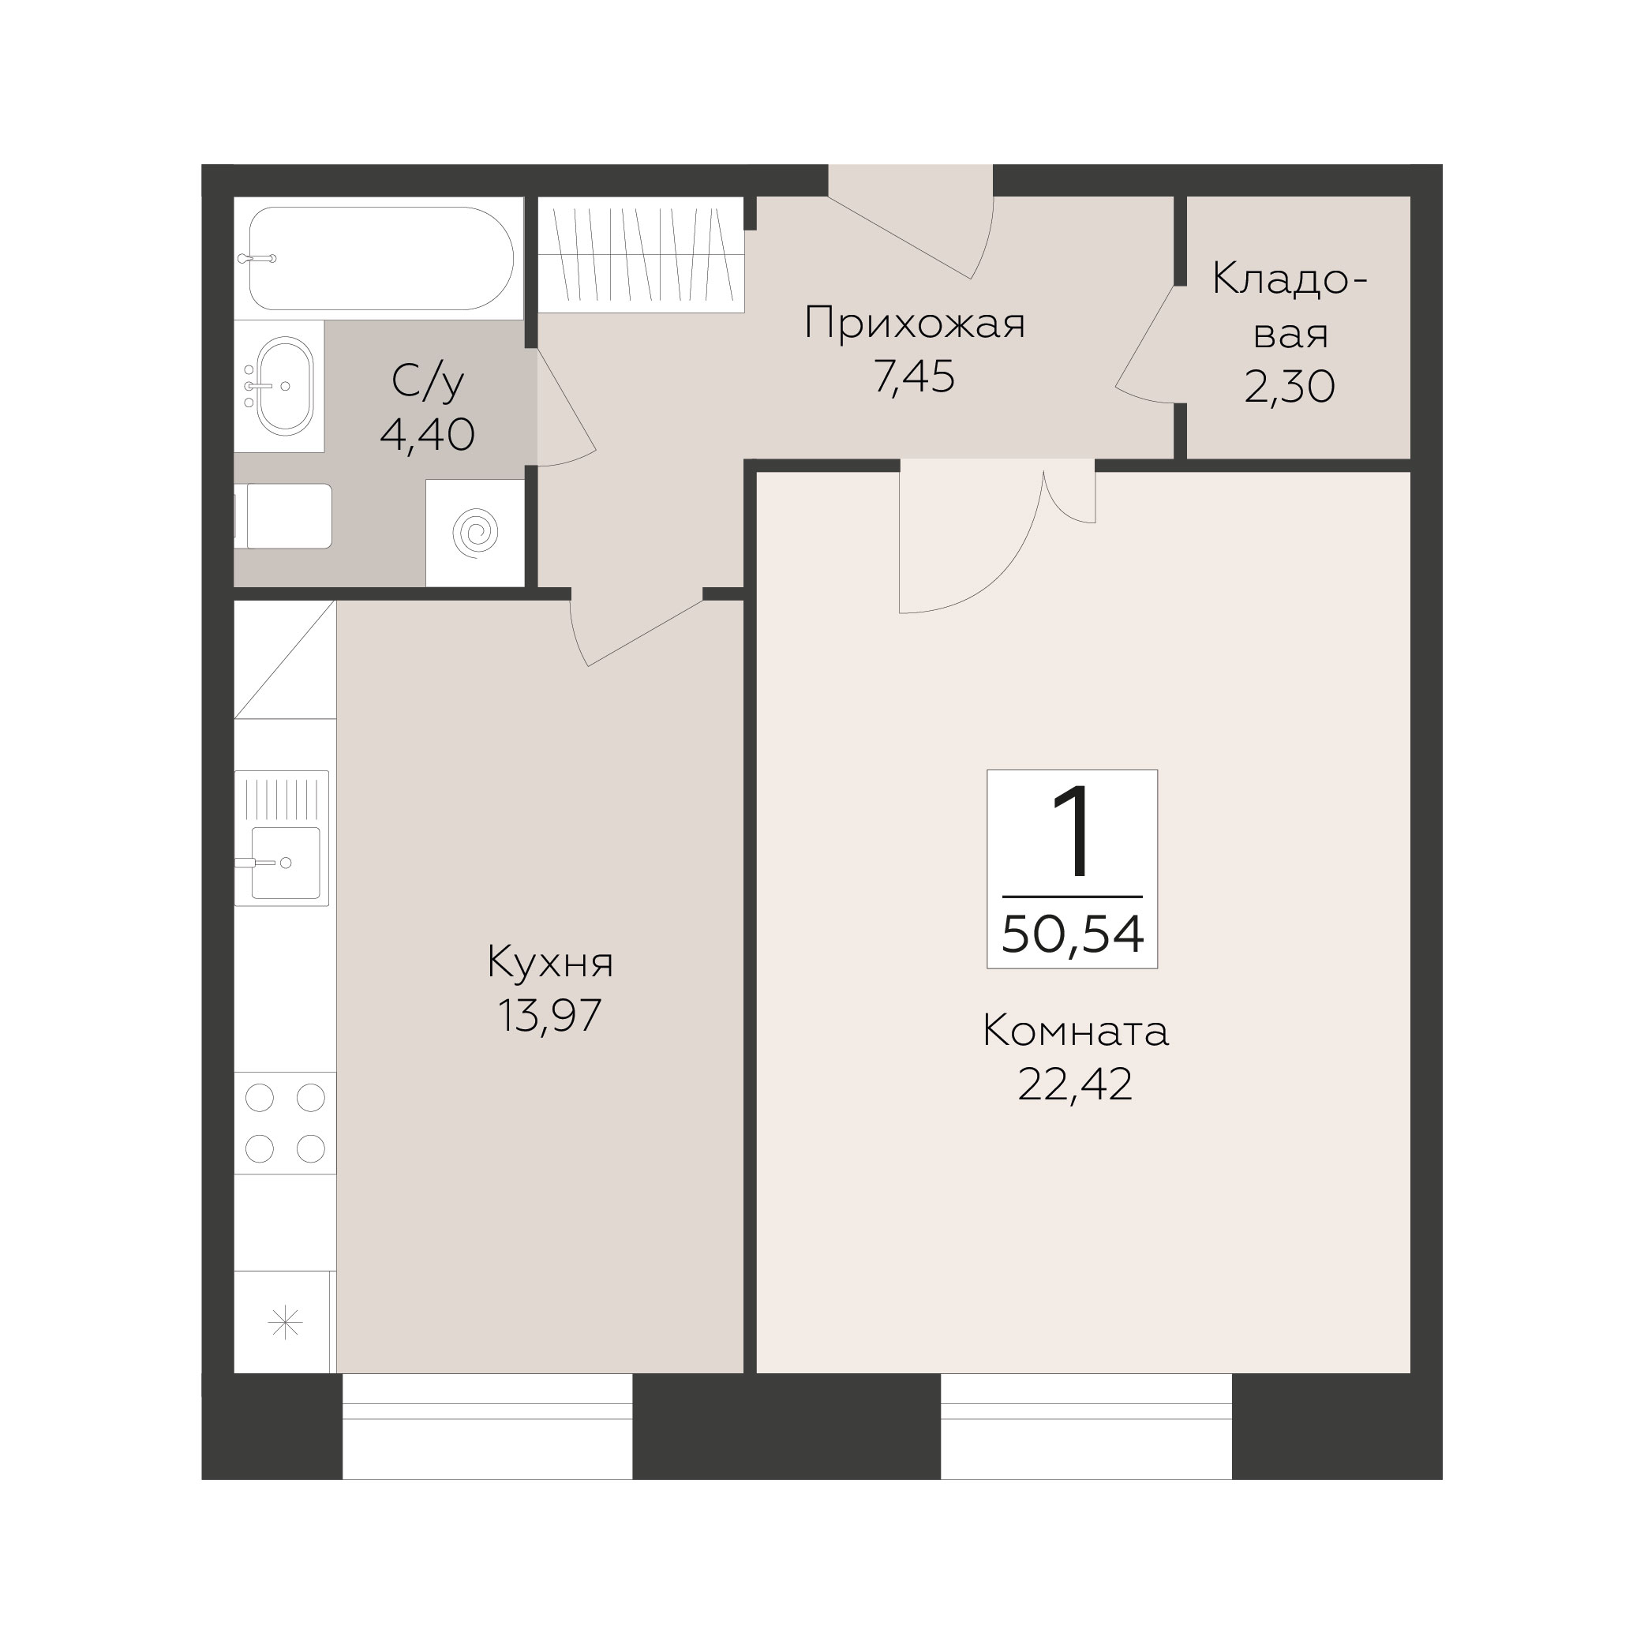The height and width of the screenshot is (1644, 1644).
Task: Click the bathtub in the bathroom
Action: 380,259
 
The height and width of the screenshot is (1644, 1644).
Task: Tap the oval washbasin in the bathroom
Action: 285,385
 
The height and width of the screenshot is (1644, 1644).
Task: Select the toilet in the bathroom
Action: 283,516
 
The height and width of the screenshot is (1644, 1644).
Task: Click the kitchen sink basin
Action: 286,863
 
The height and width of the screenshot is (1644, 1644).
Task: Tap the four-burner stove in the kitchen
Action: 285,1123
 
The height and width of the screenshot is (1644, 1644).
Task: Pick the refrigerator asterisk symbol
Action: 285,1322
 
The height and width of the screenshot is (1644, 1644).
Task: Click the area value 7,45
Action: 914,377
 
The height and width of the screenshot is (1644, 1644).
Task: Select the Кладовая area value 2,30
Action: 1289,388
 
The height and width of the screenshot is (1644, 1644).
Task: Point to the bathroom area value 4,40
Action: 427,435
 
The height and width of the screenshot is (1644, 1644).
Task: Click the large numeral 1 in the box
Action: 1072,831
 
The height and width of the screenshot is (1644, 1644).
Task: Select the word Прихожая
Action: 914,324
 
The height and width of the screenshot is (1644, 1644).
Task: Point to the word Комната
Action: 1076,1032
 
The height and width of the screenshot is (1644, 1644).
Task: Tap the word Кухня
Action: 549,963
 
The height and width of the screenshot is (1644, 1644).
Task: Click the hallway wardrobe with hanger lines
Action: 642,254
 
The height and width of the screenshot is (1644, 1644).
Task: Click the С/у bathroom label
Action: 427,382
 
